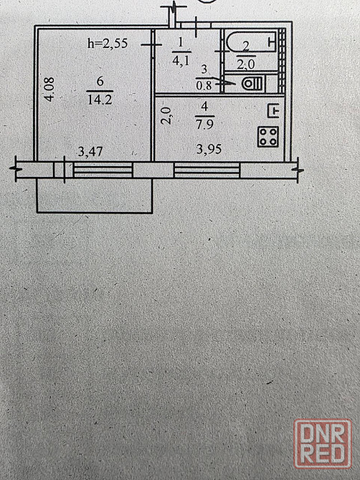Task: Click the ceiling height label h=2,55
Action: (x=108, y=44)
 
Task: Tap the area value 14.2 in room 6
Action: (x=100, y=100)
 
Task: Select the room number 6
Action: (x=100, y=82)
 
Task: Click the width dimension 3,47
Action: (x=90, y=152)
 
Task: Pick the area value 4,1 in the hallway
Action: (x=181, y=60)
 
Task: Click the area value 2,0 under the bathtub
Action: (x=246, y=64)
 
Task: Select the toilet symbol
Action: (x=252, y=85)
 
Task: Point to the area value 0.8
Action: (x=204, y=85)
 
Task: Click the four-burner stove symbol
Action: (x=268, y=137)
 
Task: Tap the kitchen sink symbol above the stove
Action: (x=274, y=111)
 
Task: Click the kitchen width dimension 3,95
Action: (x=209, y=150)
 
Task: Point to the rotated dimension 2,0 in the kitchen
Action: (x=166, y=115)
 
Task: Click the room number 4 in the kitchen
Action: (x=205, y=107)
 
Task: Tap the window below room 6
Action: (x=103, y=170)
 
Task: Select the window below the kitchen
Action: (x=207, y=170)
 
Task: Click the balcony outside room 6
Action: (x=95, y=195)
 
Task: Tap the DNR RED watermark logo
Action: (x=323, y=444)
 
